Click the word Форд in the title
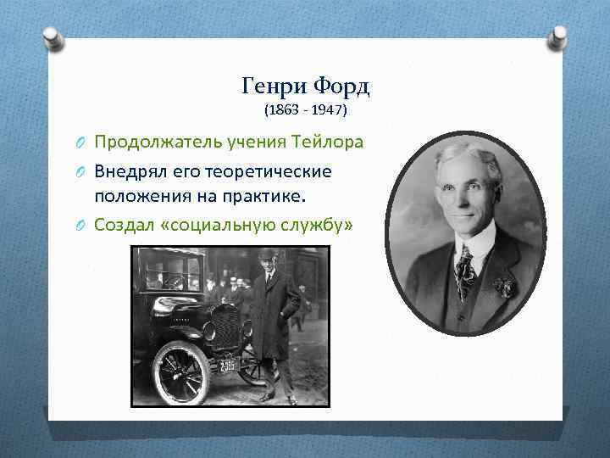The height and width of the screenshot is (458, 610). click(x=341, y=87)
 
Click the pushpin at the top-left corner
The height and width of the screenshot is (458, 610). click(x=52, y=37)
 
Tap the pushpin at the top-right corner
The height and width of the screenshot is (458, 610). click(x=560, y=37)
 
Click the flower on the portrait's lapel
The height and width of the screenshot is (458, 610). click(x=506, y=287)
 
